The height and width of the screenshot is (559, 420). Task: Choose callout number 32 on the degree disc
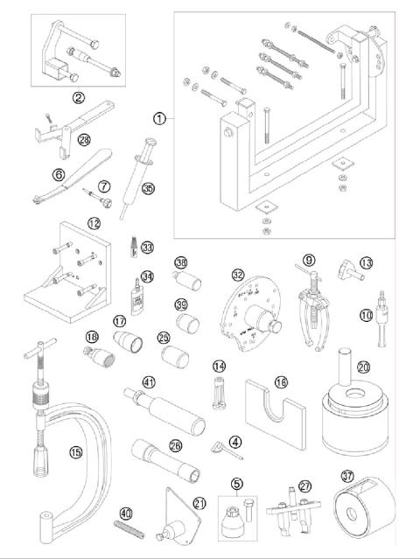(x=236, y=276)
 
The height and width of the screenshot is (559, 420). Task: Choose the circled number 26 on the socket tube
(x=175, y=445)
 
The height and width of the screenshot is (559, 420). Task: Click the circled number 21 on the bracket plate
(x=199, y=502)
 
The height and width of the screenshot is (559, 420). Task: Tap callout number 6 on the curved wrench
(x=59, y=175)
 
